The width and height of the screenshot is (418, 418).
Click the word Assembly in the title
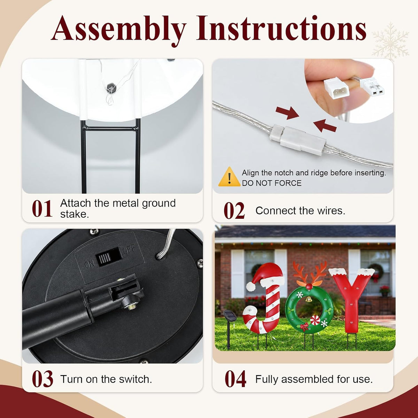(x=118, y=30)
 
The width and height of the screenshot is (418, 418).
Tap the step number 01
(x=42, y=208)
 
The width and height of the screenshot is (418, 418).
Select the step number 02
(x=234, y=211)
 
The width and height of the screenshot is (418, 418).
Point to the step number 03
(x=42, y=379)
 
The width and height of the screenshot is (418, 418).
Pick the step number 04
(x=235, y=379)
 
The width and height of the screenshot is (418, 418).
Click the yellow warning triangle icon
(x=229, y=177)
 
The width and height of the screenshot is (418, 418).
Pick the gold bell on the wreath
(x=309, y=299)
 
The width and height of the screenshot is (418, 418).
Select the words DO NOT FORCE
(x=272, y=183)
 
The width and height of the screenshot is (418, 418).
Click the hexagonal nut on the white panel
(x=111, y=88)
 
